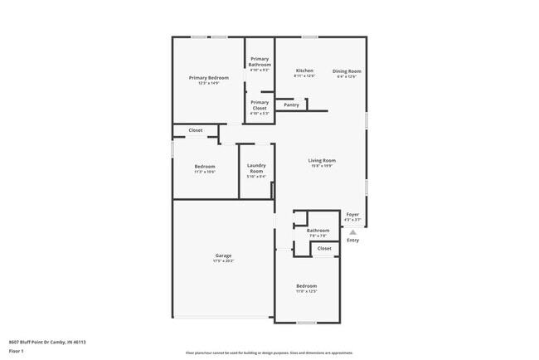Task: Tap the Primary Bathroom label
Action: point(260,61)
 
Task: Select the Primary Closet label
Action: point(260,105)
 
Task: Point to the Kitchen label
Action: point(304,71)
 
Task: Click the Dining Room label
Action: point(345,71)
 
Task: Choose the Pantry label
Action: point(291,105)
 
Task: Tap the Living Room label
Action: point(322,160)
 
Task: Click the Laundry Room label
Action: point(256,168)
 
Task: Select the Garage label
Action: point(223,255)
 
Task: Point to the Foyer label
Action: point(352,214)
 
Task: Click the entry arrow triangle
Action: point(352,232)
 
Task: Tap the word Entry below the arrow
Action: point(353,241)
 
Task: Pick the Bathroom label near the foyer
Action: point(318,230)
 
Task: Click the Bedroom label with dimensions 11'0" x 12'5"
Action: point(307,286)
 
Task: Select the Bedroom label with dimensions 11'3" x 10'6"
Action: point(205,166)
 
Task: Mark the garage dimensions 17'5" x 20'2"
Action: point(223,260)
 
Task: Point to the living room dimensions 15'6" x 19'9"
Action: point(322,166)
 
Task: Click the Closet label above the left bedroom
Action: point(196,130)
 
